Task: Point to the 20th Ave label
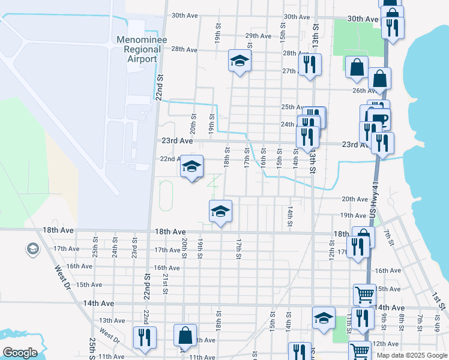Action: (354, 199)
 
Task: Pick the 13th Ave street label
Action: (112, 321)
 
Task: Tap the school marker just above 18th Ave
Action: (220, 211)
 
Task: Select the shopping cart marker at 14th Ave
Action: (364, 295)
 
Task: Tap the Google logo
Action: (19, 353)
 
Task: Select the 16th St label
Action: (263, 160)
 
